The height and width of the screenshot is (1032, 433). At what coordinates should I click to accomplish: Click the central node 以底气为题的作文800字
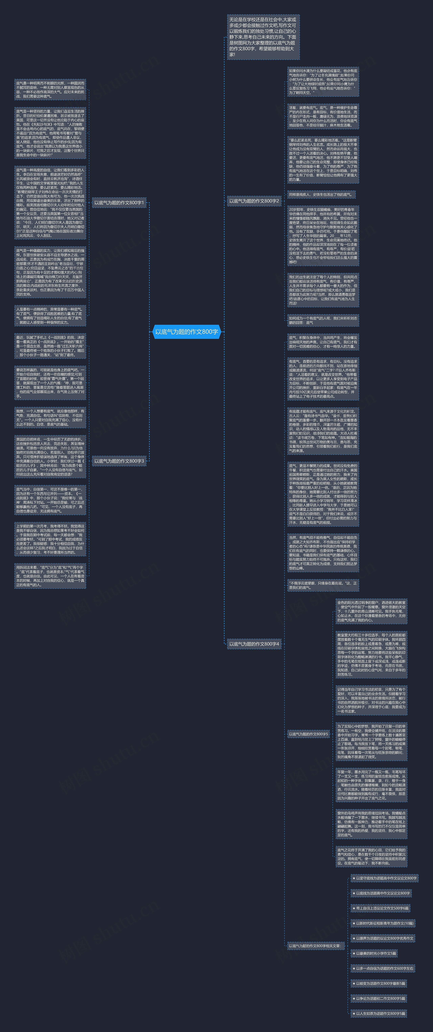click(x=187, y=332)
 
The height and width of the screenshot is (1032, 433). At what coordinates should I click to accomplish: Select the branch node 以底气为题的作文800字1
click(x=119, y=203)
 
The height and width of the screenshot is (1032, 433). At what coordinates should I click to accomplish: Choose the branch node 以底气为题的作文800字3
click(x=119, y=461)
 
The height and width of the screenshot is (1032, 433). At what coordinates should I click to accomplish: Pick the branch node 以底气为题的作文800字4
click(x=254, y=644)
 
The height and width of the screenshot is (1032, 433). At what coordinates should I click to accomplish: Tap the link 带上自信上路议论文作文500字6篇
click(x=380, y=908)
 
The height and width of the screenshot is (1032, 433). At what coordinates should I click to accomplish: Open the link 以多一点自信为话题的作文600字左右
click(x=383, y=968)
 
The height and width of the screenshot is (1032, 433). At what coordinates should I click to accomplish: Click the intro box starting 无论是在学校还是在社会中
click(x=263, y=37)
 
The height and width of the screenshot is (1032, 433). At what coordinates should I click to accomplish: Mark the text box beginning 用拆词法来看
click(x=50, y=576)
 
